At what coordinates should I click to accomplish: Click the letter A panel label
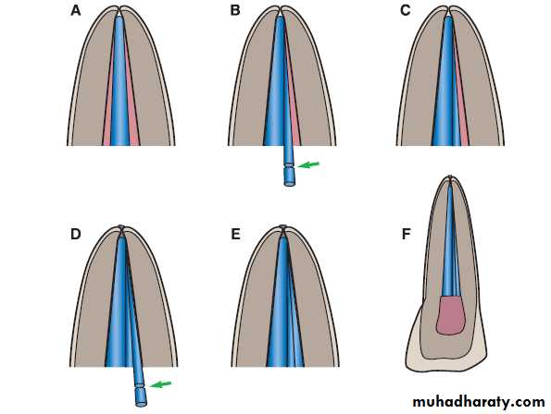pyautogui.click(x=76, y=11)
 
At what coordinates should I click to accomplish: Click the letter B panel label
pyautogui.click(x=235, y=11)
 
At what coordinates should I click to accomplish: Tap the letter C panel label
pyautogui.click(x=406, y=11)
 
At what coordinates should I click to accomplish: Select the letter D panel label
pyautogui.click(x=76, y=234)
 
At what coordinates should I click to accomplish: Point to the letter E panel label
pyautogui.click(x=235, y=234)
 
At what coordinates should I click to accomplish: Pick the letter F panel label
pyautogui.click(x=406, y=234)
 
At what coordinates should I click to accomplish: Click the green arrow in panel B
pyautogui.click(x=308, y=164)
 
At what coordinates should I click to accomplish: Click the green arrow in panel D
pyautogui.click(x=160, y=384)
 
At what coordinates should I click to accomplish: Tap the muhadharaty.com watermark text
pyautogui.click(x=479, y=402)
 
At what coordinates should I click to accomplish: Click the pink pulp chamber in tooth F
pyautogui.click(x=451, y=315)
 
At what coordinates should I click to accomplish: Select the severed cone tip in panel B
pyautogui.click(x=289, y=177)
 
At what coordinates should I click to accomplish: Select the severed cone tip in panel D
pyautogui.click(x=141, y=396)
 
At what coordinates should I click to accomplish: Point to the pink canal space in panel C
pyautogui.click(x=464, y=127)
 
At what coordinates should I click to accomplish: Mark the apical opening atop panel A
pyautogui.click(x=119, y=10)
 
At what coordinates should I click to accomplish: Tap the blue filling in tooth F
pyautogui.click(x=451, y=242)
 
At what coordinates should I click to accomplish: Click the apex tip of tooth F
pyautogui.click(x=450, y=177)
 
